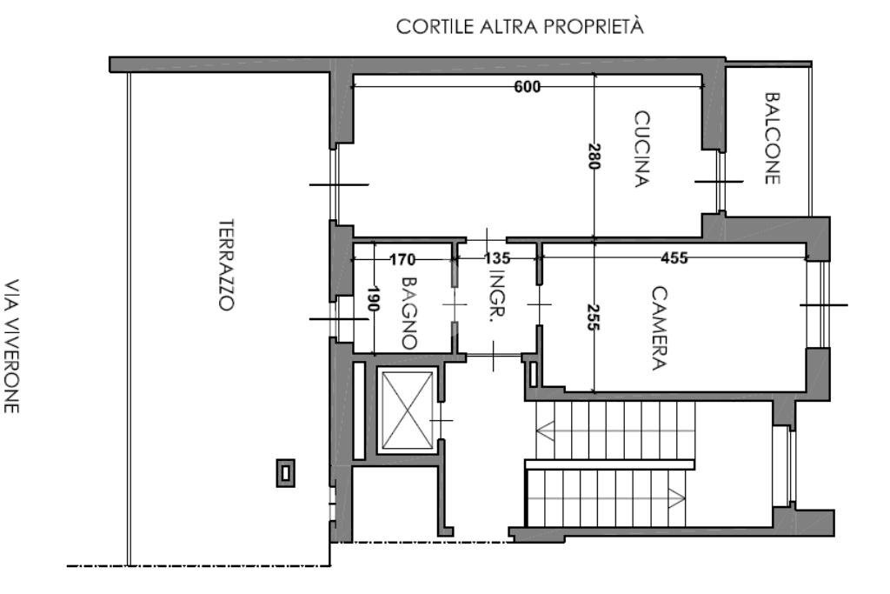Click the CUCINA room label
pos(642,149)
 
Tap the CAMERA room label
pos(660,328)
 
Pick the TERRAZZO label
pos(226,264)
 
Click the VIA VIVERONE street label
pos(12,345)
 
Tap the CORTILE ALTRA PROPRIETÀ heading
pos(520,27)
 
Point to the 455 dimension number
pos(674,258)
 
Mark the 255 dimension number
pos(594,316)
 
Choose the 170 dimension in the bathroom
pos(402,258)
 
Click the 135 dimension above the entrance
pos(496,258)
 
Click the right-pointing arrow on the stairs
pos(675,498)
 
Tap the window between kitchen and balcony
pos(720,181)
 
